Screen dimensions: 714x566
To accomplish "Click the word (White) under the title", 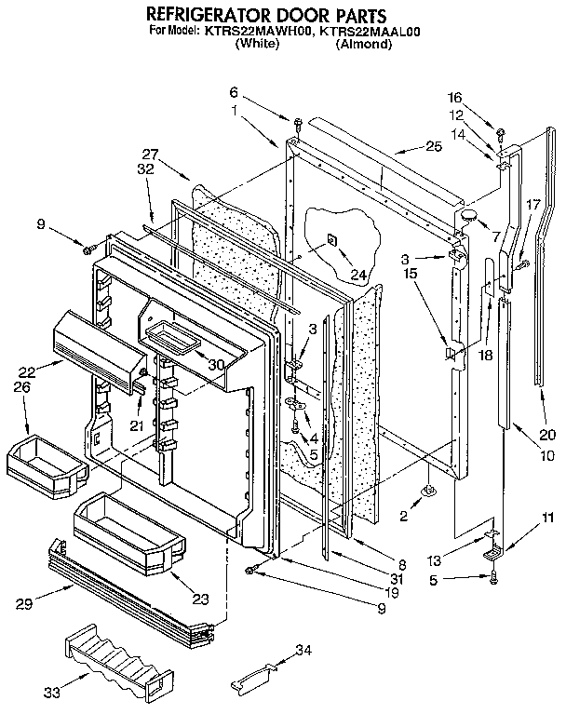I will point(257,43).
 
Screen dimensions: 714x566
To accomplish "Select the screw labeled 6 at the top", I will point(295,122).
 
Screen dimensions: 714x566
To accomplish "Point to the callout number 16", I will point(480,98).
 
